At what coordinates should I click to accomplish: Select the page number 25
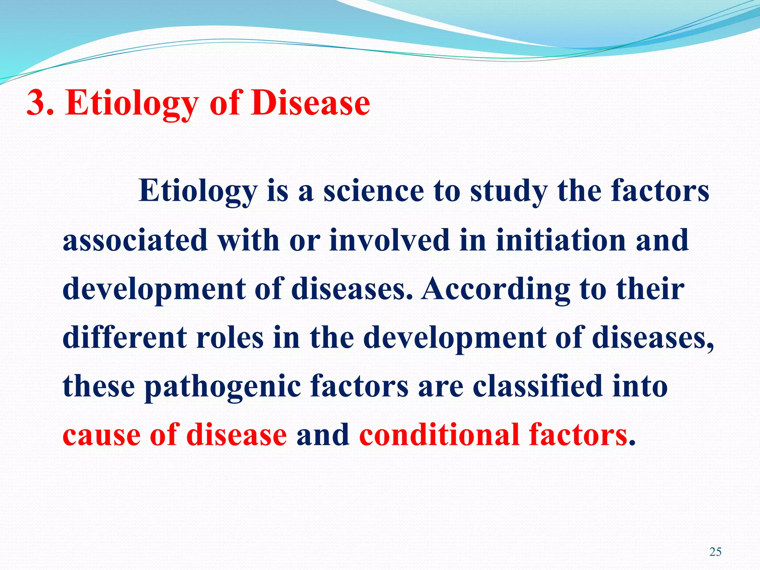(x=715, y=552)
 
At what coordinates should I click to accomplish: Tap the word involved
(x=389, y=240)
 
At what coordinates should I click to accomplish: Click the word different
(x=125, y=337)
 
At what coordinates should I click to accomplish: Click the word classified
(x=538, y=386)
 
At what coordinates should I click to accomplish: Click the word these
(x=99, y=386)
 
